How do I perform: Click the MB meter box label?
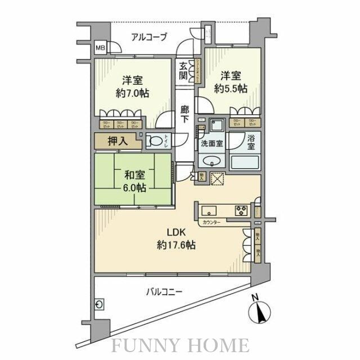[99, 48]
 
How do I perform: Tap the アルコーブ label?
[149, 37]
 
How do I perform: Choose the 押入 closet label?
[117, 141]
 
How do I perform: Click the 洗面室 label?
[211, 143]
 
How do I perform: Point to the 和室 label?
[132, 175]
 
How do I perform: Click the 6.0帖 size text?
[132, 188]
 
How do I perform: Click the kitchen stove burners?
[241, 211]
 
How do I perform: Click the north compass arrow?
[260, 311]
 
